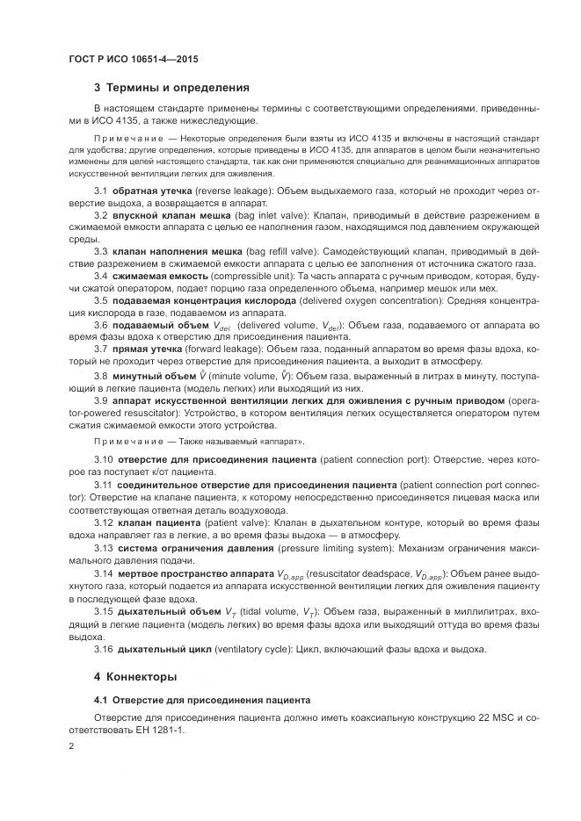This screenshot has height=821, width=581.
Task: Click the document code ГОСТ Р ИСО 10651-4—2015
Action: (133, 59)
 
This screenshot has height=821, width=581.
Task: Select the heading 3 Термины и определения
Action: (171, 88)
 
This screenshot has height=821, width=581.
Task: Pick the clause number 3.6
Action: (101, 325)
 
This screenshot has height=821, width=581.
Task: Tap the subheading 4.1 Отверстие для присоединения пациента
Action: (201, 702)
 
